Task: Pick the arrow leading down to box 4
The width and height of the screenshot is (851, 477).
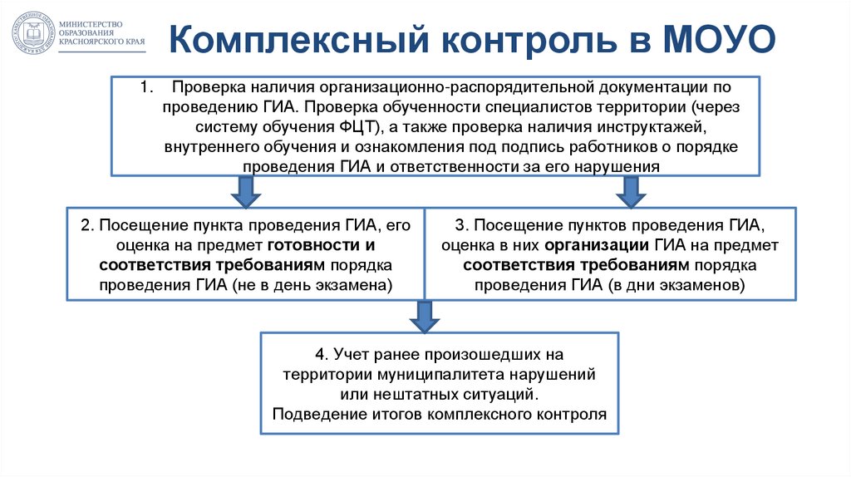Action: tap(425, 316)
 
